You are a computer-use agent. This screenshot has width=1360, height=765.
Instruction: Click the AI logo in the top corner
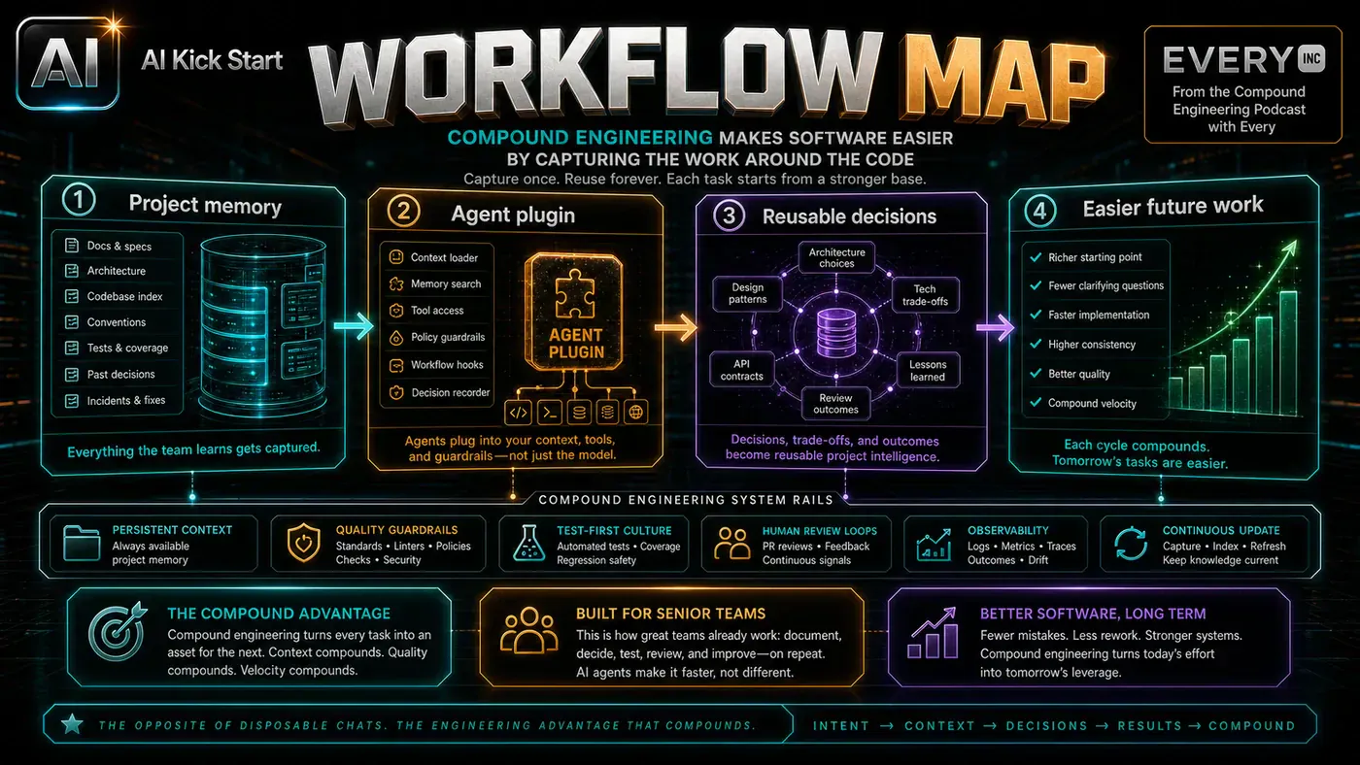[67, 62]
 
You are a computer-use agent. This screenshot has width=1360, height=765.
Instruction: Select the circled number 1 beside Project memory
[79, 200]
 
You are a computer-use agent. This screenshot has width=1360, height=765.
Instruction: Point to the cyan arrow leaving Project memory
[354, 326]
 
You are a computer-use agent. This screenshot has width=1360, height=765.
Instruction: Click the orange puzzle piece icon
[574, 293]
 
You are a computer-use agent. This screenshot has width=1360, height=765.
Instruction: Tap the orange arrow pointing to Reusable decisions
[675, 327]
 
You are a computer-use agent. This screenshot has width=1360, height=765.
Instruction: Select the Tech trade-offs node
[925, 295]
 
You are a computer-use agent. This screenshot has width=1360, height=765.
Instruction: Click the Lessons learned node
[927, 370]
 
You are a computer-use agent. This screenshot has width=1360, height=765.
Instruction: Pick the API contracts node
[741, 370]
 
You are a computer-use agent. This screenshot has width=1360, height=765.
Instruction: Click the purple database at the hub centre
[836, 332]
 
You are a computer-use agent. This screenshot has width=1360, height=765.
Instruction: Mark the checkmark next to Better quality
[1036, 373]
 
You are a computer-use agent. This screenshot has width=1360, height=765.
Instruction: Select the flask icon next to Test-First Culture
[528, 543]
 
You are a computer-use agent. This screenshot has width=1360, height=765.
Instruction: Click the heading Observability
[1008, 530]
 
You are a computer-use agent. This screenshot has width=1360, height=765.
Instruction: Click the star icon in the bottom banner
[72, 724]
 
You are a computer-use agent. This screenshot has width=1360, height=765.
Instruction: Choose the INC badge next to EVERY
[1311, 58]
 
